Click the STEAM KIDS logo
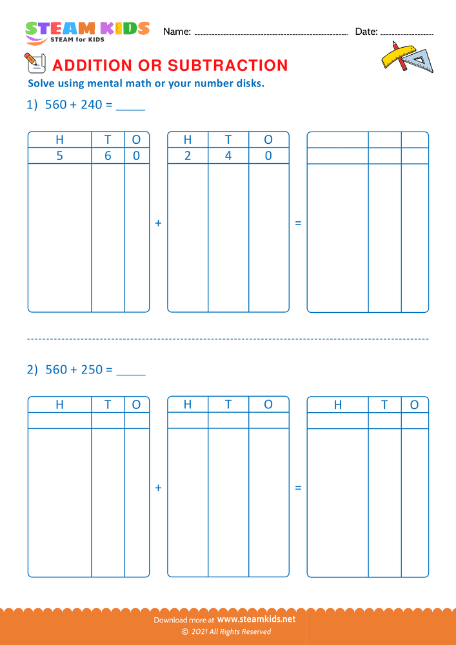click(x=87, y=31)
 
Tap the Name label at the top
click(x=177, y=31)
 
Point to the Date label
click(x=366, y=31)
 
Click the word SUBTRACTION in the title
click(x=228, y=65)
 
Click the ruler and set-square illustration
click(x=406, y=57)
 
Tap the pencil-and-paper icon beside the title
click(x=34, y=63)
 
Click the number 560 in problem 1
click(x=56, y=104)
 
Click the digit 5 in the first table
click(x=59, y=155)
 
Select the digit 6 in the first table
click(x=108, y=155)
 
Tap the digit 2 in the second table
click(x=188, y=155)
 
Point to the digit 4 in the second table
click(x=228, y=155)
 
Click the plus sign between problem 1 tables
click(x=158, y=223)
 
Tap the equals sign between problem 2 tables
click(x=298, y=488)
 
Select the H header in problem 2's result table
click(x=337, y=405)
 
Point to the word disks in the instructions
click(x=248, y=83)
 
